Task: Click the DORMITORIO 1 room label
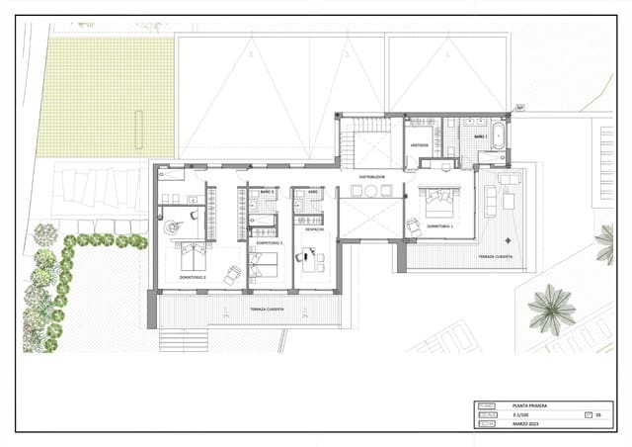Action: [438, 226]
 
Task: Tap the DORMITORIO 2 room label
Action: [193, 278]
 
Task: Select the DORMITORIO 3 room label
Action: [270, 242]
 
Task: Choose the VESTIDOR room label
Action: [419, 143]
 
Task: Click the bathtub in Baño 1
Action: [499, 135]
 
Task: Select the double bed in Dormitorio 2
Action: [192, 258]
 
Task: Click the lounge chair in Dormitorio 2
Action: [233, 274]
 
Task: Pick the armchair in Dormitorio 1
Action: [413, 226]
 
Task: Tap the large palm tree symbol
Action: [551, 309]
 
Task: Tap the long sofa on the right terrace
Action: [491, 201]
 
